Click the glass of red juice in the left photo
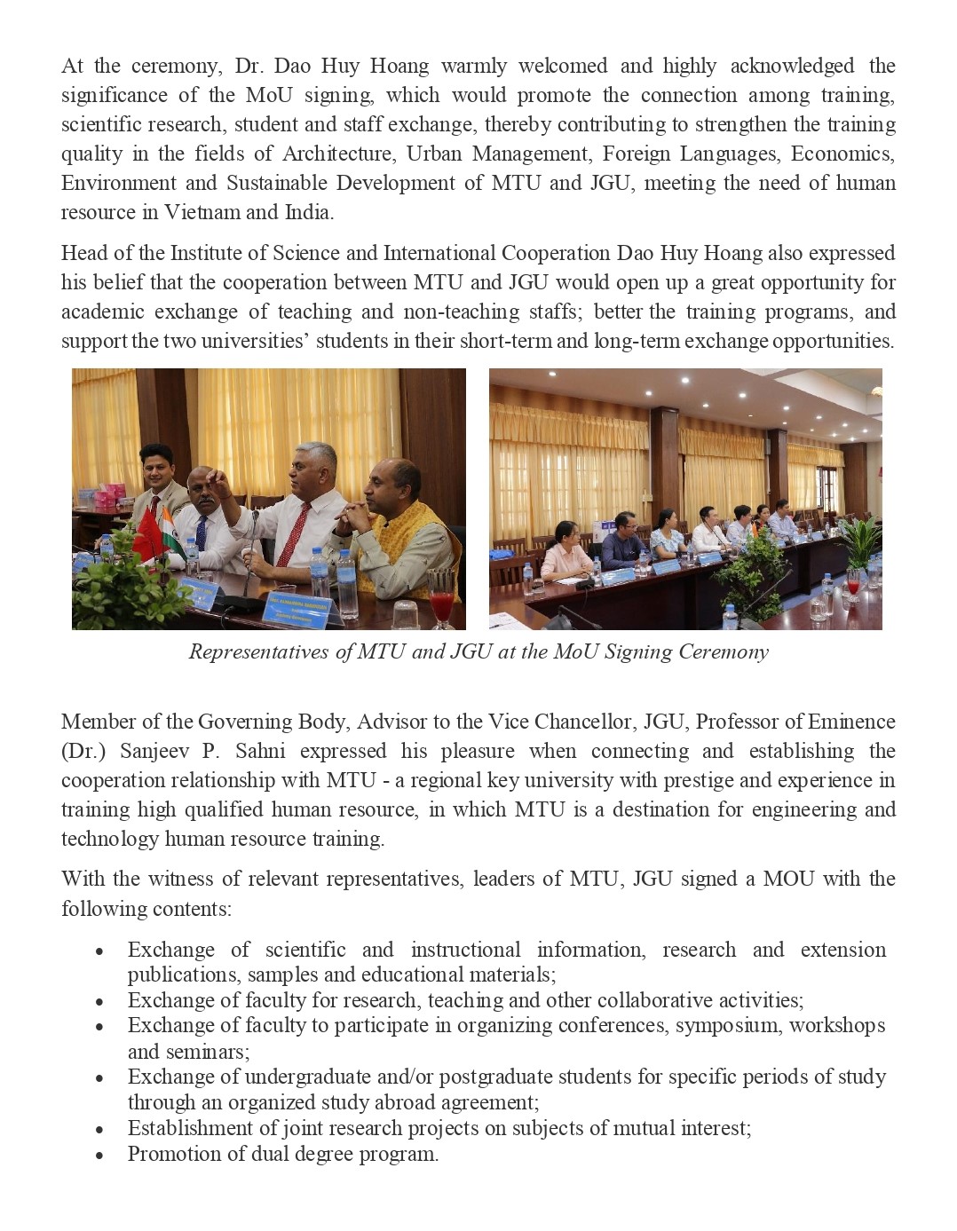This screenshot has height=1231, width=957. point(440,592)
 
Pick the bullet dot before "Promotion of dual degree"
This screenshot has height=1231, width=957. point(100,1156)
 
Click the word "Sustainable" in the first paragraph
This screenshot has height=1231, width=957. point(282,183)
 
